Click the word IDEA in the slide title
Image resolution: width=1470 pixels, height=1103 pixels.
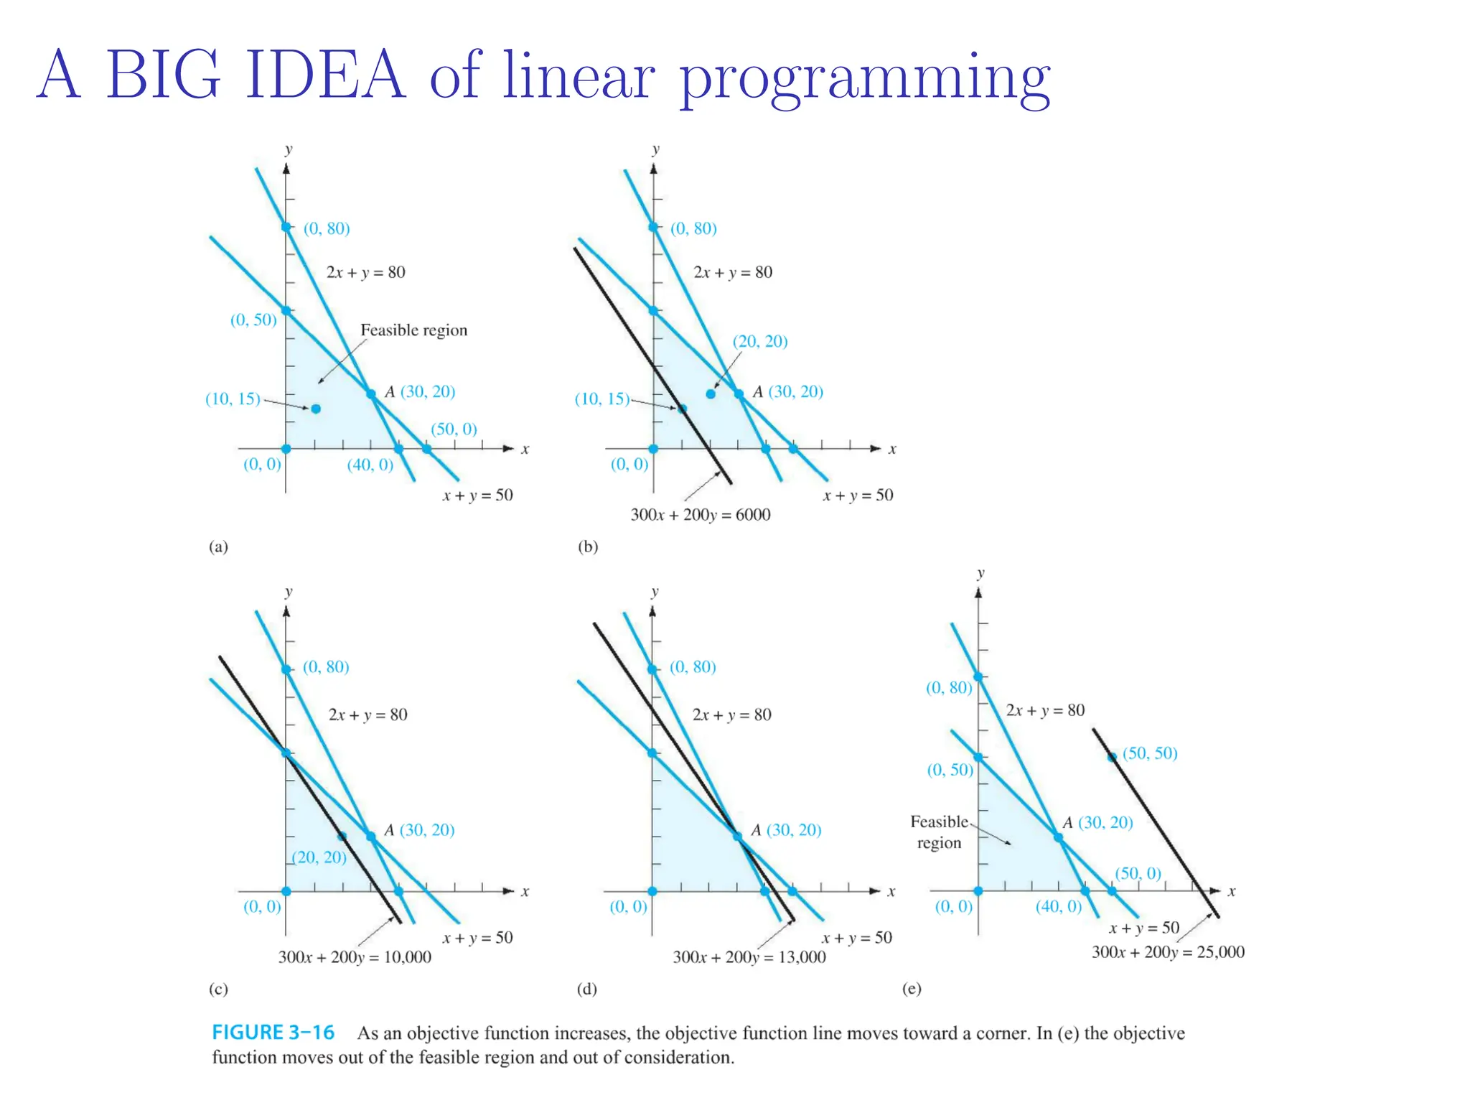(x=324, y=75)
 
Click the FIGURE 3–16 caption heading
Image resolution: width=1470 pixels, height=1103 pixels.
(x=273, y=1033)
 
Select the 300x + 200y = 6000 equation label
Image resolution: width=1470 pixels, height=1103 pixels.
(x=700, y=515)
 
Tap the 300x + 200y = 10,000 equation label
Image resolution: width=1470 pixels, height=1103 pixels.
(x=355, y=957)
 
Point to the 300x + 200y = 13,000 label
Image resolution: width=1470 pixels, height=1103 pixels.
(x=749, y=957)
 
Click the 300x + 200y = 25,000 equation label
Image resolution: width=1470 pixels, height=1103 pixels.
(x=1168, y=952)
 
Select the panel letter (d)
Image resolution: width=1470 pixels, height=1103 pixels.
(x=586, y=989)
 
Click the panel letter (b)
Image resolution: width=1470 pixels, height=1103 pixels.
(x=587, y=546)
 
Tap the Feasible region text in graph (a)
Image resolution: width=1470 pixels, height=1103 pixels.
(x=413, y=330)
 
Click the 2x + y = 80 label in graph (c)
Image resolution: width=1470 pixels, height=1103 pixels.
(x=367, y=715)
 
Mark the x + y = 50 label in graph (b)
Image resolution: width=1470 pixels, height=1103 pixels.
(x=858, y=495)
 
